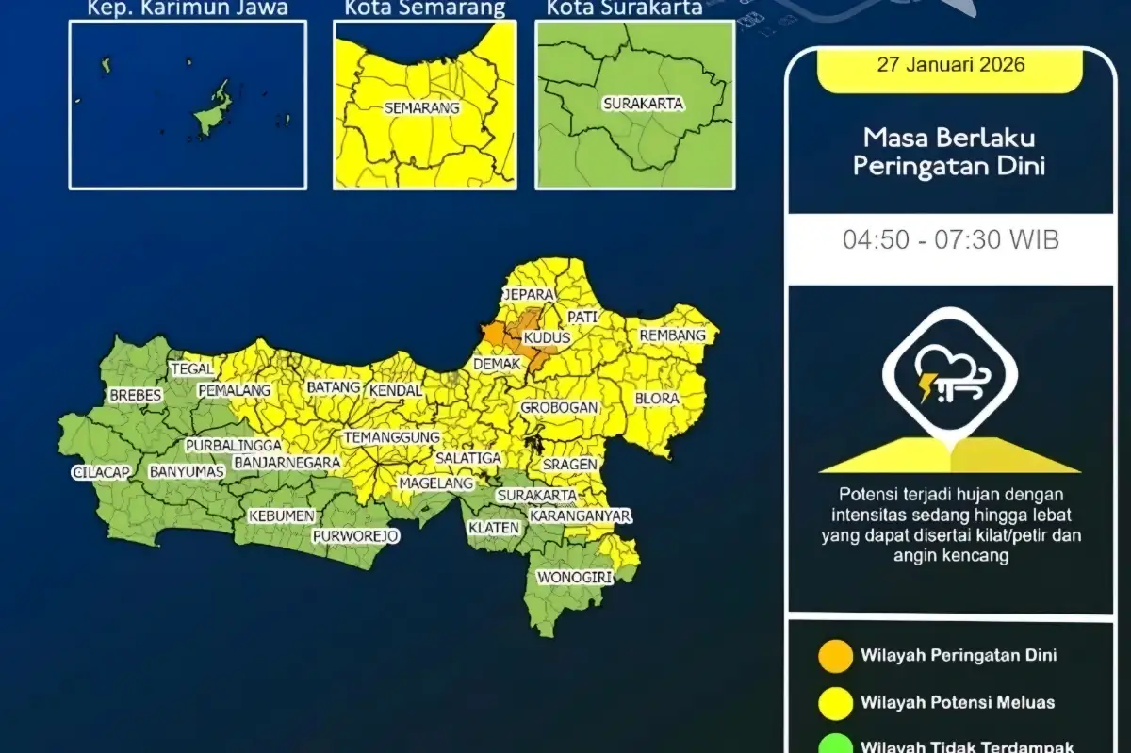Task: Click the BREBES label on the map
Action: coord(135,395)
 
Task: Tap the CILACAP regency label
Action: coord(100,473)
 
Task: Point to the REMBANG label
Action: coord(672,336)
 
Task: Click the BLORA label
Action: coord(657,399)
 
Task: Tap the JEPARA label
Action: coord(527,295)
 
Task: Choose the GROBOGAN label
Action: coord(560,408)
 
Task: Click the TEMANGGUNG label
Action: coord(392,438)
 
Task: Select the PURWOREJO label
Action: coord(356,536)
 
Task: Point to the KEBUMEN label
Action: coord(274,516)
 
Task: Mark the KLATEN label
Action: coord(494,528)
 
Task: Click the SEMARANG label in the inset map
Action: coord(421,108)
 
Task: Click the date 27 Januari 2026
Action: coord(950,66)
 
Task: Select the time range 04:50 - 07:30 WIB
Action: coord(950,239)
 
